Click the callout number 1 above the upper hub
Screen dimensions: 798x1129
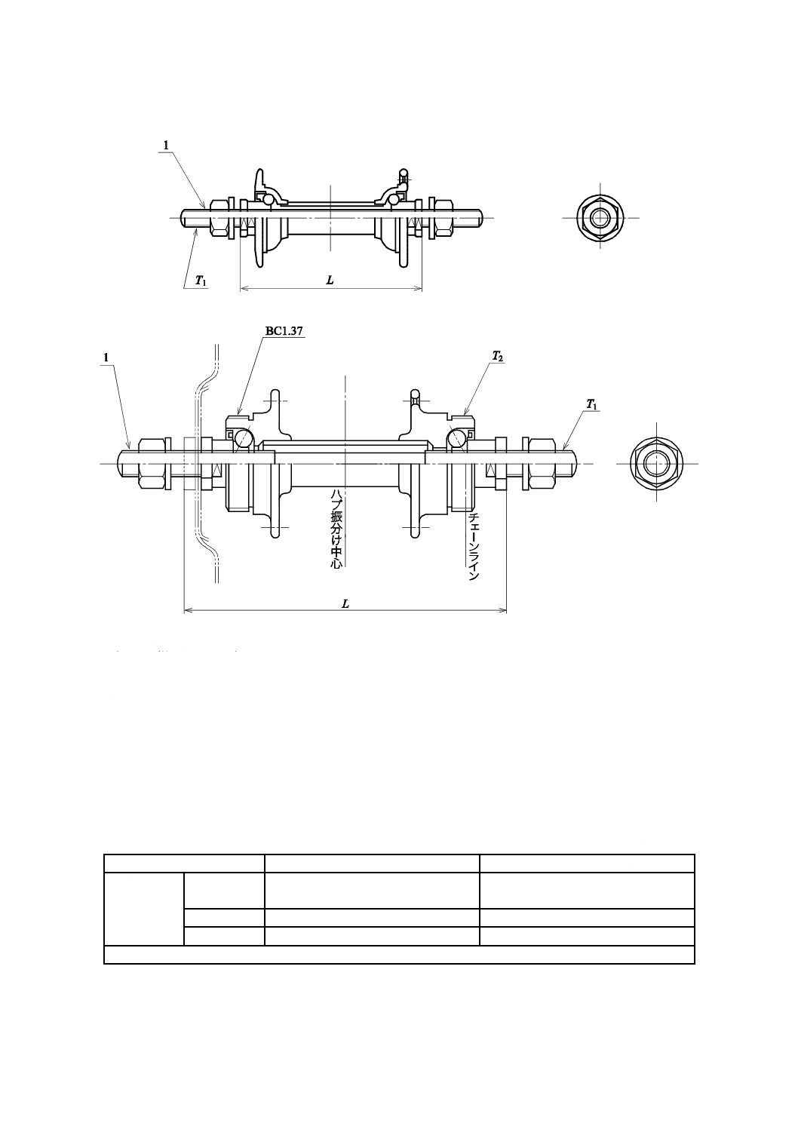click(x=166, y=145)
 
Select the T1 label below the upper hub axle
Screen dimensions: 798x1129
click(x=201, y=281)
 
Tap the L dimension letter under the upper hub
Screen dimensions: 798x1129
click(x=330, y=281)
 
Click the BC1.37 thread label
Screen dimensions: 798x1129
click(x=284, y=331)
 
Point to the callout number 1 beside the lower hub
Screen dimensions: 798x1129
click(x=106, y=357)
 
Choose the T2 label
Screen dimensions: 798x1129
click(x=498, y=357)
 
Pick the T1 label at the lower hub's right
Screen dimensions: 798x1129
click(x=592, y=404)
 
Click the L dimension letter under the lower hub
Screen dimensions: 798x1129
click(x=345, y=604)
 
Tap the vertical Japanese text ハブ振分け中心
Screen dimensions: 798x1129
click(x=336, y=529)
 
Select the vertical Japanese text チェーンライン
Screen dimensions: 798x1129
click(x=474, y=547)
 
